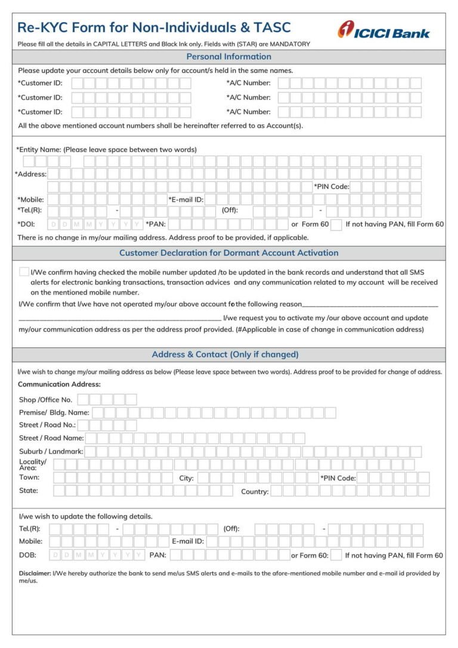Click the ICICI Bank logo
point(383,30)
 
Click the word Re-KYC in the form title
point(40,27)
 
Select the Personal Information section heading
point(228,57)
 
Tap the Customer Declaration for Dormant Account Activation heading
point(228,252)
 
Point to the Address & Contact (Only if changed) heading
point(225,354)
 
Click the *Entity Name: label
point(38,149)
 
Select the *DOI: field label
point(26,224)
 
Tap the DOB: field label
point(27,555)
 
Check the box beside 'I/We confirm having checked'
point(24,272)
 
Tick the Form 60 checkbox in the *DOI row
point(336,224)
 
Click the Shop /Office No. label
point(45,400)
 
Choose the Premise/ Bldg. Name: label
point(54,412)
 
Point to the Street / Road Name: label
point(51,438)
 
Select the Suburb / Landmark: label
point(51,452)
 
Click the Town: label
point(29,477)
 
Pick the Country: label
point(255,492)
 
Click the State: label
point(29,490)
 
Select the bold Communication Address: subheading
point(59,384)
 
